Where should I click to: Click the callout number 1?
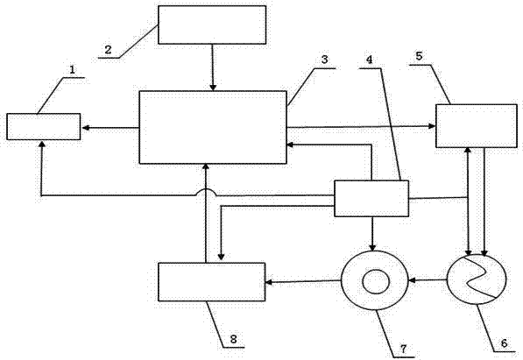(x=73, y=69)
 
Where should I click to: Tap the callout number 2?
(x=108, y=50)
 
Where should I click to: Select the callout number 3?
(x=324, y=60)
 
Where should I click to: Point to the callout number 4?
(x=369, y=60)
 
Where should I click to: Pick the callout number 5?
(x=419, y=56)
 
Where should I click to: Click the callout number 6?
(x=504, y=342)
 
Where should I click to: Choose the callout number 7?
(x=404, y=349)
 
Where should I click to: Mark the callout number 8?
(x=234, y=339)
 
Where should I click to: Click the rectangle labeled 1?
(x=43, y=126)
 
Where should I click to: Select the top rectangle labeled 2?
(x=212, y=25)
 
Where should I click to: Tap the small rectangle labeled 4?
(x=371, y=199)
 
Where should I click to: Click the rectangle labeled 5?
(x=477, y=126)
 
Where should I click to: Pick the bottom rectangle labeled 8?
(x=212, y=282)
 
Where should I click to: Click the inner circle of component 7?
(x=376, y=282)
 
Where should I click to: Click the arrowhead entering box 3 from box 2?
(x=213, y=88)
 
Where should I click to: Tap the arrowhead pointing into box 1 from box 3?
(x=85, y=128)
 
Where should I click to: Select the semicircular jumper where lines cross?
(x=207, y=192)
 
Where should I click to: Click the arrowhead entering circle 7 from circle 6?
(x=413, y=280)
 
